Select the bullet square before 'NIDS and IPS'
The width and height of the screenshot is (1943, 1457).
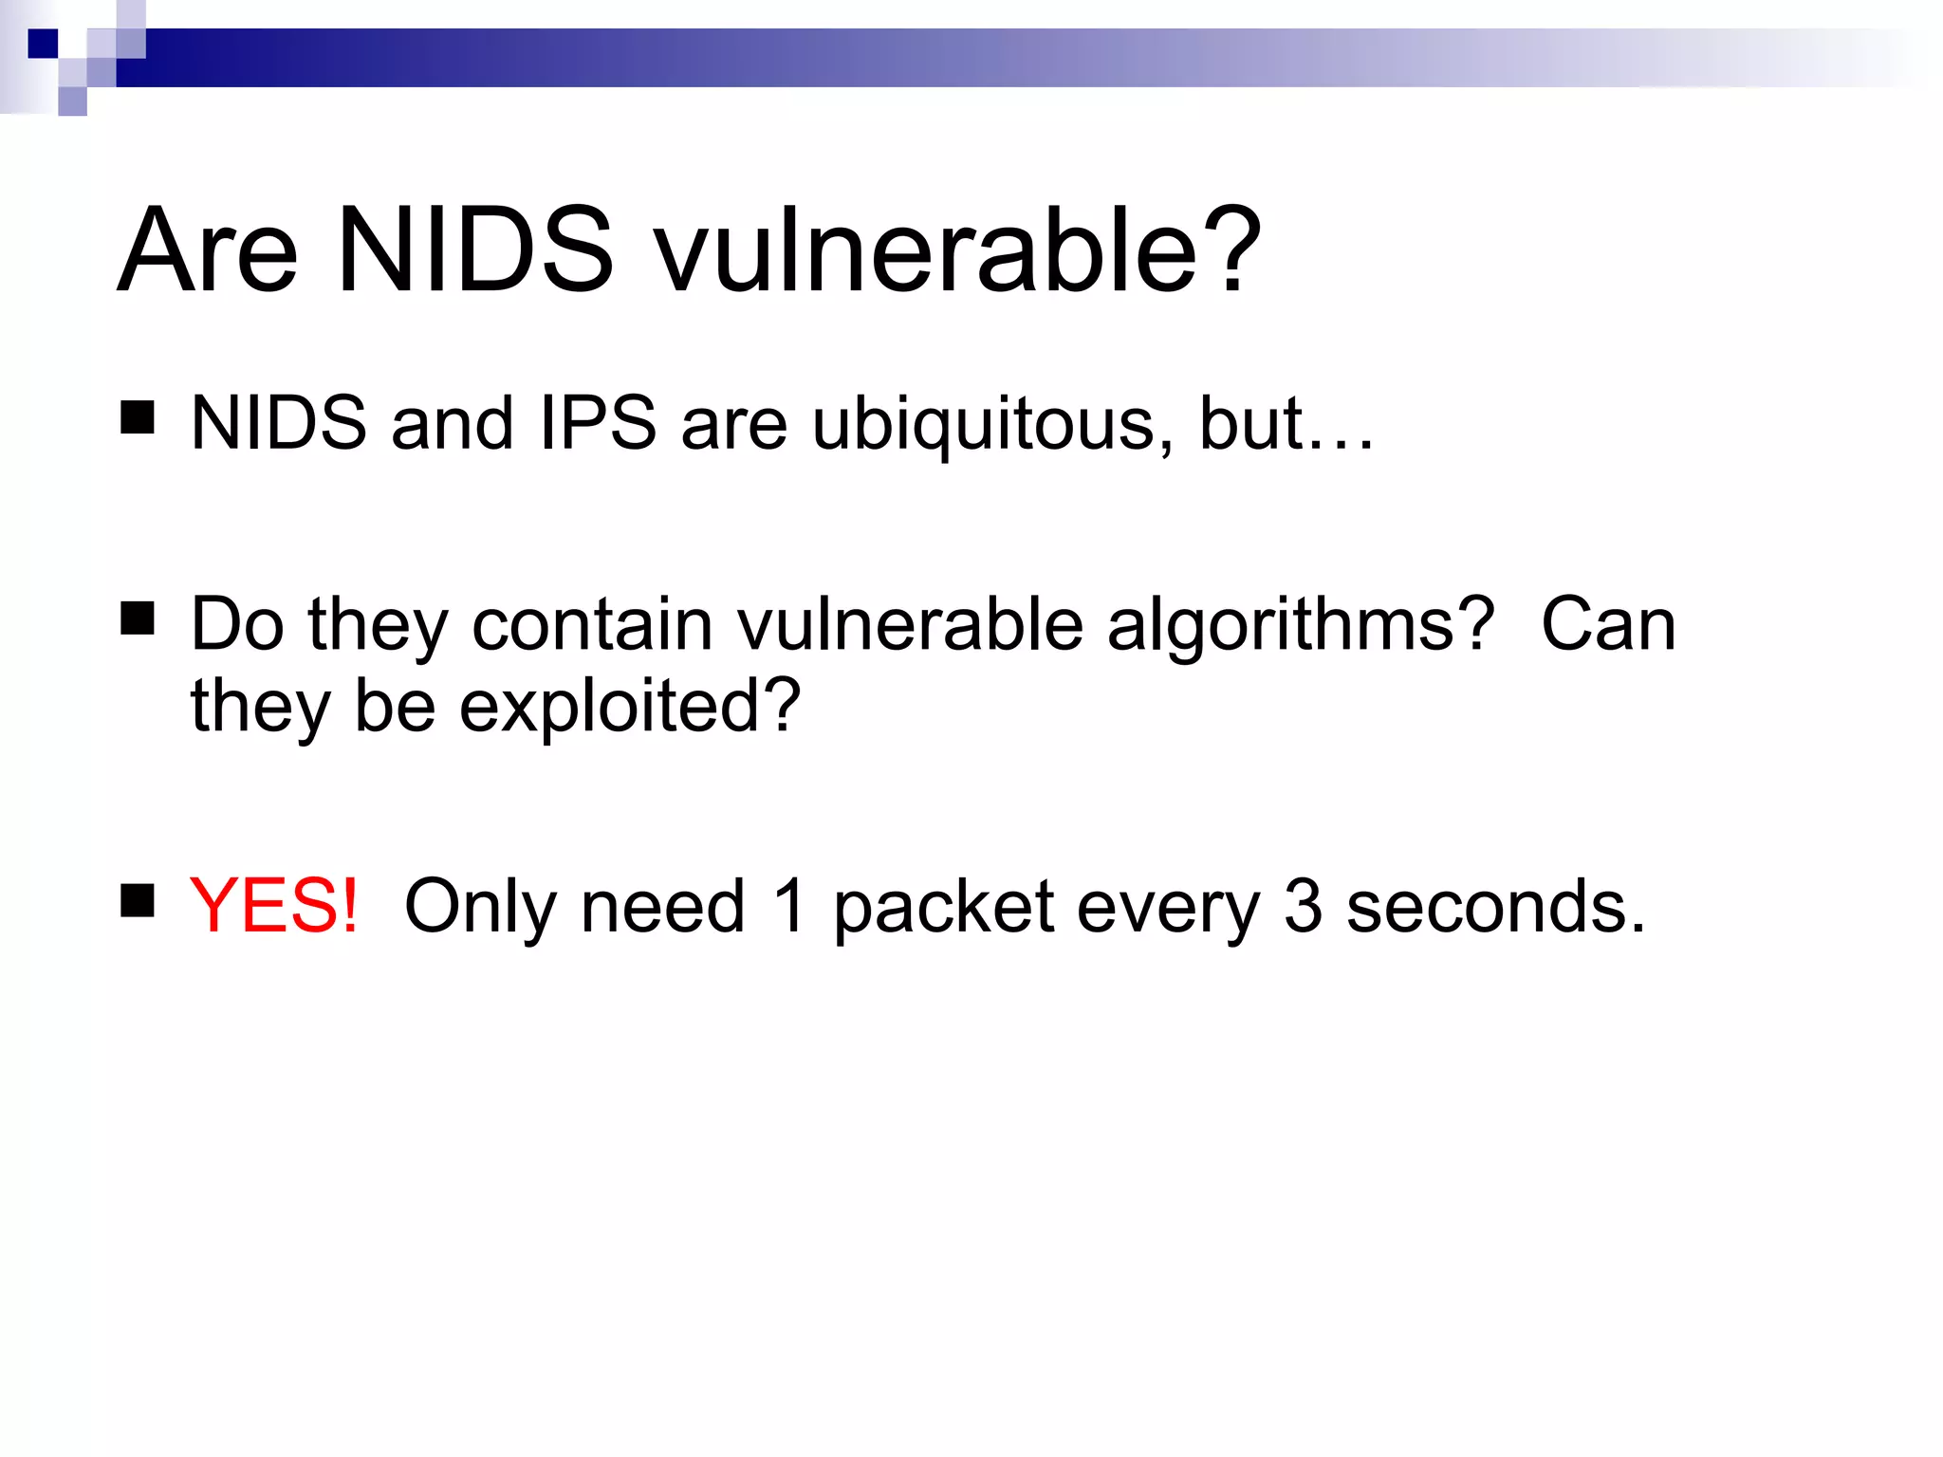(138, 417)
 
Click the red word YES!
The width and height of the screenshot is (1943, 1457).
(274, 906)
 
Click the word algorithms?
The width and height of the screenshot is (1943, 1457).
(1300, 626)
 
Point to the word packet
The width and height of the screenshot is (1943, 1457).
(944, 909)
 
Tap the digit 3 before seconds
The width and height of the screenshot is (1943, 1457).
(1304, 906)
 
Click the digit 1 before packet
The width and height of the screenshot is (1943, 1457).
(789, 906)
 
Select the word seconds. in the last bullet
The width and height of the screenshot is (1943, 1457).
(1495, 908)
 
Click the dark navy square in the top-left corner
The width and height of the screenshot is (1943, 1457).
(43, 44)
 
